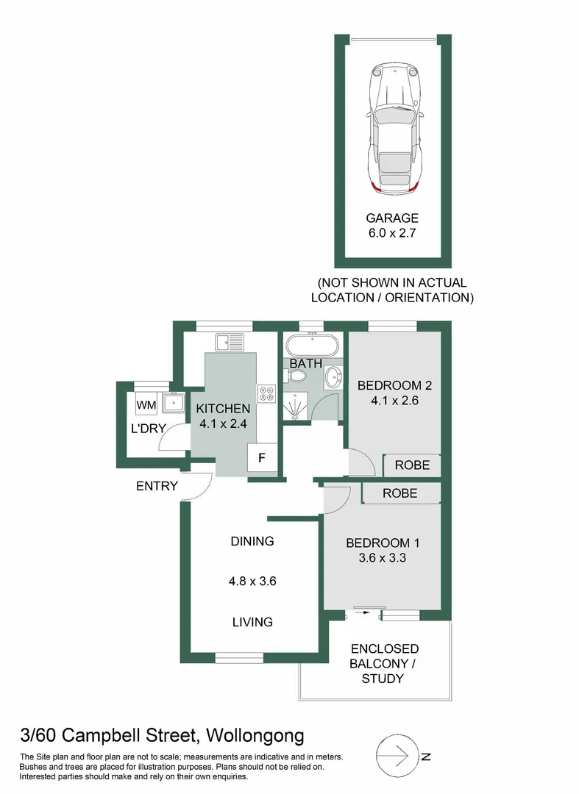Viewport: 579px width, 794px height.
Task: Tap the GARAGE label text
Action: click(392, 218)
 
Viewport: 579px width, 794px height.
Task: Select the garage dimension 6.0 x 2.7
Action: click(392, 233)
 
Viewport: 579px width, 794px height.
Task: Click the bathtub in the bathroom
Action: click(312, 346)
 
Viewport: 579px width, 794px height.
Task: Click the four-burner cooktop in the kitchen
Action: click(266, 393)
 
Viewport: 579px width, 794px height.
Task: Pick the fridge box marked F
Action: click(262, 458)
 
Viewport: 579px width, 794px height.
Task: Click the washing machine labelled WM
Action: click(146, 404)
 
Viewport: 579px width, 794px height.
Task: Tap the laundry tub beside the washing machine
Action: click(173, 404)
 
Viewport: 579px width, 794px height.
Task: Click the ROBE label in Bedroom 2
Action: click(412, 465)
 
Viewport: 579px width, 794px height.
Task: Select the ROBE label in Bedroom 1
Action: click(399, 493)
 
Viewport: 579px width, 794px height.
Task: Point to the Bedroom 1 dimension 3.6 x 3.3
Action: click(382, 558)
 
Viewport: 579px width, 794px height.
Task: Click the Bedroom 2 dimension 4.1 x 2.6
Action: click(394, 401)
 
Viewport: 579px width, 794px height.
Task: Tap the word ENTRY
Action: click(157, 486)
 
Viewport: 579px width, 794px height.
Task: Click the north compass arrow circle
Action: click(398, 757)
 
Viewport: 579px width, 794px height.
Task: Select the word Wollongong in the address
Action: click(255, 736)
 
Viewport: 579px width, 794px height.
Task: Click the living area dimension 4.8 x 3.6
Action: click(252, 581)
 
